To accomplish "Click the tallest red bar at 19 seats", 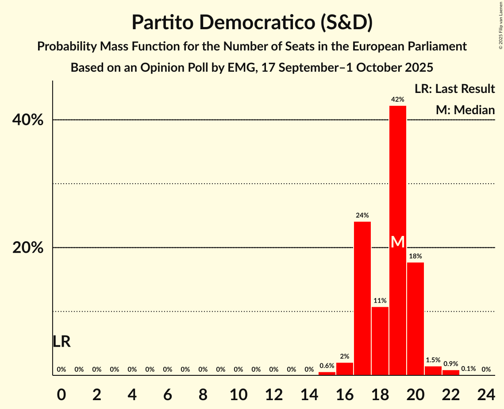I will tap(397, 177).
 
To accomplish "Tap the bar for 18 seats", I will tap(380, 341).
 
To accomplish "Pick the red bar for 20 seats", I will tap(415, 319).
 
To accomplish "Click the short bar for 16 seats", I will tap(344, 369).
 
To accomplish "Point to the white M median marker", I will tap(398, 242).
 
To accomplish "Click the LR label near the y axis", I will tap(62, 342).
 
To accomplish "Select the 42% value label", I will tap(397, 100).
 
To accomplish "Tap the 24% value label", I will tap(362, 216).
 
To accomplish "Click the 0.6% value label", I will tap(327, 366).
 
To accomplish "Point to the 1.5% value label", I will tap(433, 360).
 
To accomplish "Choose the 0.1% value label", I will tap(468, 369).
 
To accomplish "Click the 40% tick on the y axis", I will tap(28, 120).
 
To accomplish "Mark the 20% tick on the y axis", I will tap(28, 248).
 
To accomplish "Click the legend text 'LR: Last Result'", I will tap(454, 89).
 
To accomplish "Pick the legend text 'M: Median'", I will tap(465, 110).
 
